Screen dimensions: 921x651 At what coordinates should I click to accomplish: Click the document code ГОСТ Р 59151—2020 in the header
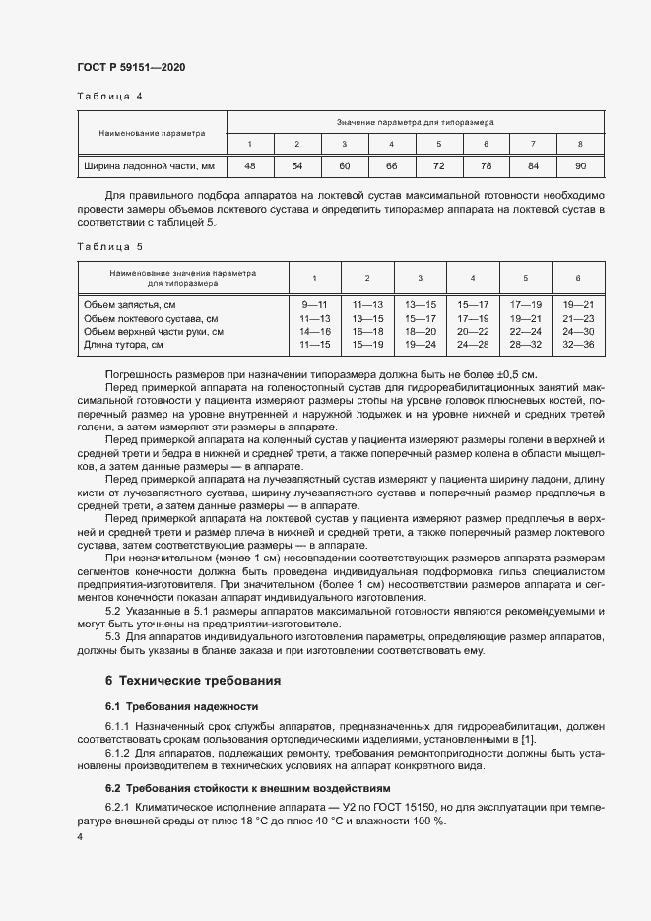click(x=130, y=67)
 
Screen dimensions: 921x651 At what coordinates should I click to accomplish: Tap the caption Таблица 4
click(x=109, y=97)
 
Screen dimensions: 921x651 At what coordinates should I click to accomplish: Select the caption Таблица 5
click(x=109, y=247)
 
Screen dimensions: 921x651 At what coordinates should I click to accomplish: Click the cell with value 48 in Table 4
click(x=250, y=165)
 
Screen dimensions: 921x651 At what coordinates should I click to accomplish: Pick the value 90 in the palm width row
click(x=580, y=165)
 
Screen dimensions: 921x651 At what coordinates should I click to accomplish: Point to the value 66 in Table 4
click(x=391, y=165)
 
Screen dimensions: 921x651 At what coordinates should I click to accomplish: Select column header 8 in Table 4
click(x=580, y=144)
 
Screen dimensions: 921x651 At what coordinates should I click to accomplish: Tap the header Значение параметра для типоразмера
click(x=415, y=123)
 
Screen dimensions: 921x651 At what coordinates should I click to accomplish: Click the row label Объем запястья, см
click(x=130, y=305)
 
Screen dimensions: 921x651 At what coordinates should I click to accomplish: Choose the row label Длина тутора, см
click(x=123, y=345)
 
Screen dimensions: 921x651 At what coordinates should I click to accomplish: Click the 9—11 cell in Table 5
click(x=314, y=305)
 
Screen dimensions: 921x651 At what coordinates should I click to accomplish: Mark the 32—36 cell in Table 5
click(x=578, y=345)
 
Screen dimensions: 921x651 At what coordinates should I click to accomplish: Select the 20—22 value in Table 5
click(x=473, y=332)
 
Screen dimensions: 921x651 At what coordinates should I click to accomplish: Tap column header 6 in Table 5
click(x=578, y=278)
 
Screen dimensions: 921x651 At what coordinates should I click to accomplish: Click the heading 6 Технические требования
click(x=193, y=681)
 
